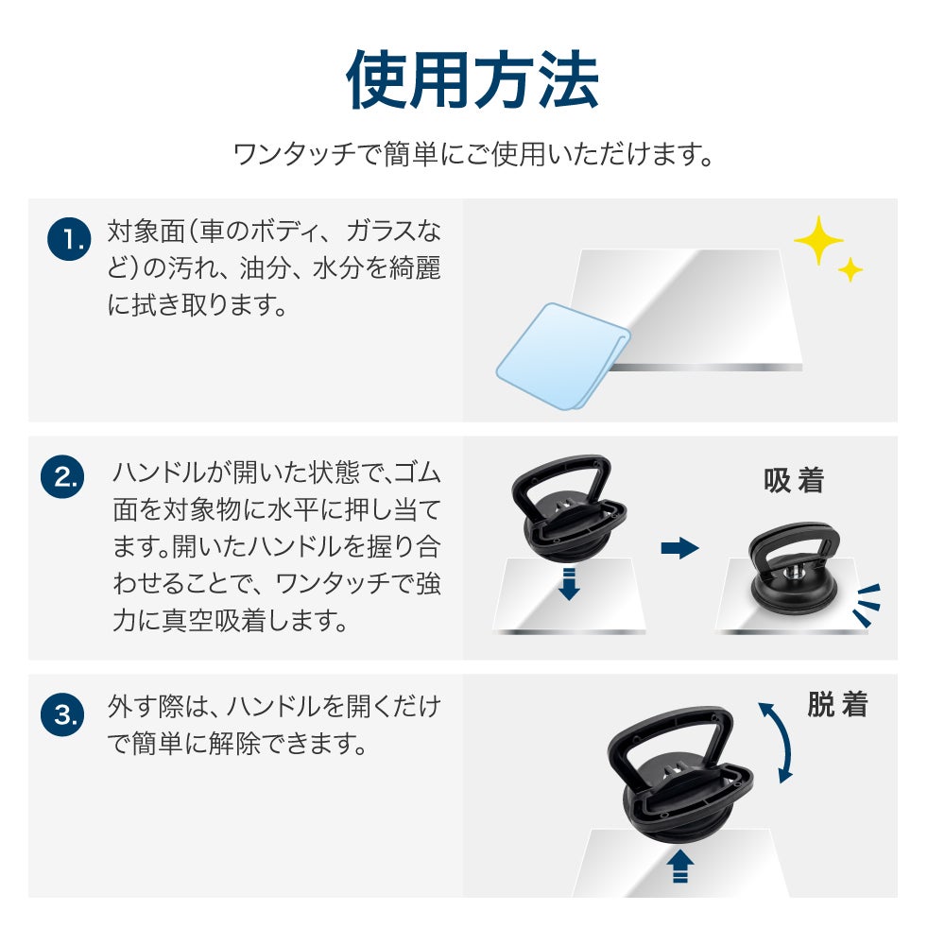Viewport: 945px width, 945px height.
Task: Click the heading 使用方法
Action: click(472, 79)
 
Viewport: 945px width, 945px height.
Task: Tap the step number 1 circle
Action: click(69, 239)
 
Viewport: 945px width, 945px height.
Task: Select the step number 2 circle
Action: click(62, 476)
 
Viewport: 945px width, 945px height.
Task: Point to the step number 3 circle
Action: click(62, 714)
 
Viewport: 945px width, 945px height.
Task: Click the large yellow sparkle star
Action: click(817, 240)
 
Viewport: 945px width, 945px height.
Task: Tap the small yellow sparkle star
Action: click(850, 269)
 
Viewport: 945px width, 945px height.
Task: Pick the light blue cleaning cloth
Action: click(563, 356)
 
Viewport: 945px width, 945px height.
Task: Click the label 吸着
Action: click(793, 480)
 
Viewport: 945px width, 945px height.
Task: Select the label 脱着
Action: click(837, 704)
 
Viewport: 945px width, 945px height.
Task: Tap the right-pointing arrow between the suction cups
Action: click(679, 548)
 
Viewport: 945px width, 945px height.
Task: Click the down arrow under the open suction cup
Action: click(568, 583)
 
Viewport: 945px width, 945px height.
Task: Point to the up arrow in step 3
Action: click(680, 866)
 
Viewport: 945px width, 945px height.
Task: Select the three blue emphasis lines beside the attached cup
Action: click(867, 605)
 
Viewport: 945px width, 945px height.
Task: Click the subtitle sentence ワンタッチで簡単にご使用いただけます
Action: click(473, 154)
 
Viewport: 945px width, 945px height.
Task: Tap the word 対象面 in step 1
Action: click(146, 232)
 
